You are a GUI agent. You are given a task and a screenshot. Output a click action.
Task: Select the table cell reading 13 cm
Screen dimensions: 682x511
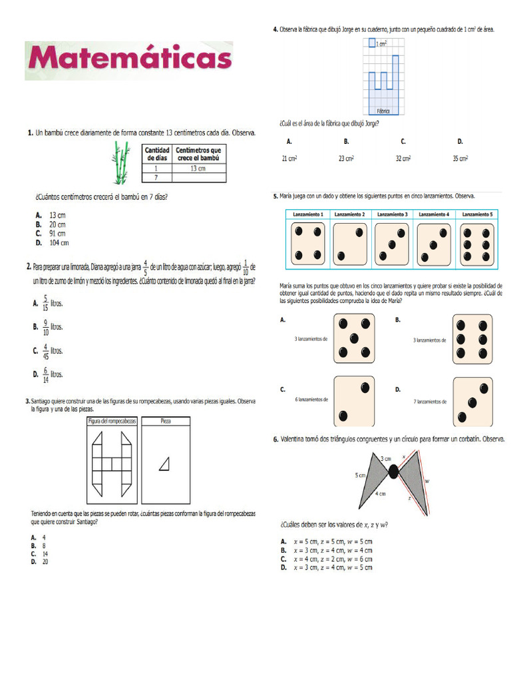pos(198,168)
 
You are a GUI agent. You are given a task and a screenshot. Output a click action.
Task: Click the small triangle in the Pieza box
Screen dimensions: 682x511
pos(164,464)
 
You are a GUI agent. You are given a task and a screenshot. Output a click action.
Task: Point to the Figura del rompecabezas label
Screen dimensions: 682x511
pos(112,422)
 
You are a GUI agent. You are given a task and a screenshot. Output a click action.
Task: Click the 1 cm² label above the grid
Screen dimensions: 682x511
pos(381,44)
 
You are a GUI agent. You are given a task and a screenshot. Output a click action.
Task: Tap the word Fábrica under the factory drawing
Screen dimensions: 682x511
pos(383,111)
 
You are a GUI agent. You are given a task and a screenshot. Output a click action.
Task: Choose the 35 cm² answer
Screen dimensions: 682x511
pos(460,159)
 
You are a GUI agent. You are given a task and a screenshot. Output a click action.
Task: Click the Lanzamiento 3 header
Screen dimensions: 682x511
pos(392,214)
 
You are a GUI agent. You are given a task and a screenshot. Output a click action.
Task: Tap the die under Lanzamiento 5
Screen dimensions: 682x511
pos(477,244)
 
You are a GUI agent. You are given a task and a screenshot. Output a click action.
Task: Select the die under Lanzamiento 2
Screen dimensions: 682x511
pos(350,244)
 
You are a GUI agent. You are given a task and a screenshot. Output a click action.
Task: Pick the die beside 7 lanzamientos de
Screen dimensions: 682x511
pos(472,401)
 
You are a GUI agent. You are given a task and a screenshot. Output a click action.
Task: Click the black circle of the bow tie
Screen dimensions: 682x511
pos(393,472)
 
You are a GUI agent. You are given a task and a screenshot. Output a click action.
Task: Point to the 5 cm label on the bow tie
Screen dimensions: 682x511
pos(359,476)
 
